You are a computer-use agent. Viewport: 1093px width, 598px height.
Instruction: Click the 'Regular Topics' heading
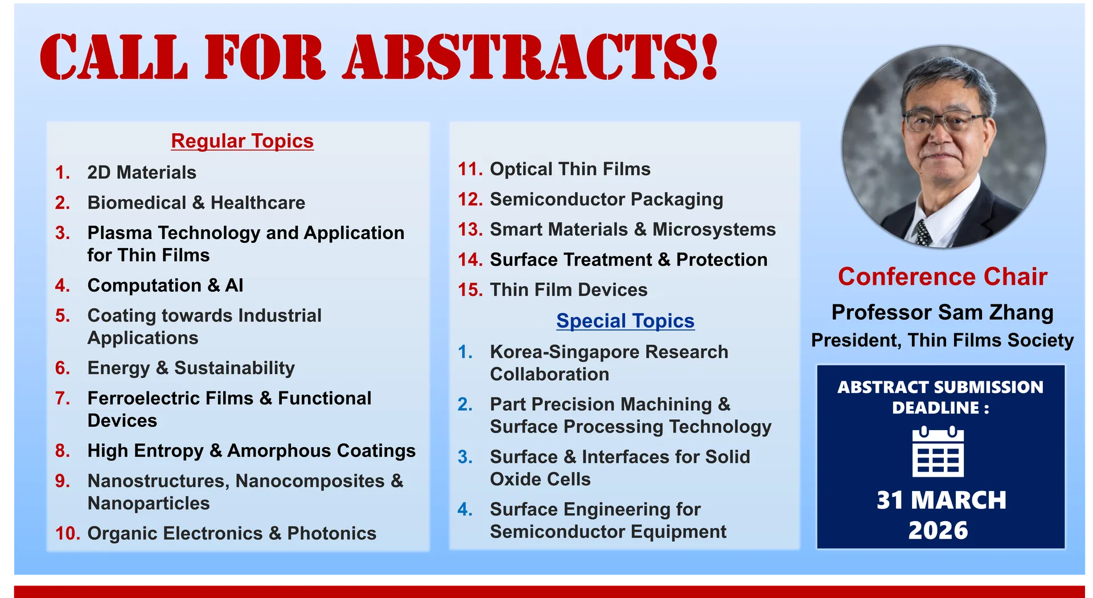click(242, 141)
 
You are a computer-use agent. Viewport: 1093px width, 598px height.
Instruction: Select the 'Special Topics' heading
click(625, 321)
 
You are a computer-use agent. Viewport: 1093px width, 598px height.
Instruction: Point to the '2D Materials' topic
click(142, 172)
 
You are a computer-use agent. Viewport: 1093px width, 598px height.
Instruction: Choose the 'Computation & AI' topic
click(165, 285)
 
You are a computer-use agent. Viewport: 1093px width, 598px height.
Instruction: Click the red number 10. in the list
click(68, 534)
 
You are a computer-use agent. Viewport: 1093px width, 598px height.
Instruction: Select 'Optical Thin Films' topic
click(570, 169)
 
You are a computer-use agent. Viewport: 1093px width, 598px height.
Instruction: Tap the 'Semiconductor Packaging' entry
click(606, 200)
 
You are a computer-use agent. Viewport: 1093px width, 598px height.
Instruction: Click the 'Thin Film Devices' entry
click(569, 290)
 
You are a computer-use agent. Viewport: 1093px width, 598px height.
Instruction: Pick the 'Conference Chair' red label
click(942, 277)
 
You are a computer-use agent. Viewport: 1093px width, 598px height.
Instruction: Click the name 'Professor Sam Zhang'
click(942, 312)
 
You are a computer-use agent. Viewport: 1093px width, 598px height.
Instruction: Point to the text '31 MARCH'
click(941, 500)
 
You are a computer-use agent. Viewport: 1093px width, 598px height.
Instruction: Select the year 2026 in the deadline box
click(938, 530)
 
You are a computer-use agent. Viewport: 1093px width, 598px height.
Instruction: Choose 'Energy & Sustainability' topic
click(191, 368)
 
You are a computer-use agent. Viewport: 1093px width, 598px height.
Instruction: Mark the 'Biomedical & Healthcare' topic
click(196, 203)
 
